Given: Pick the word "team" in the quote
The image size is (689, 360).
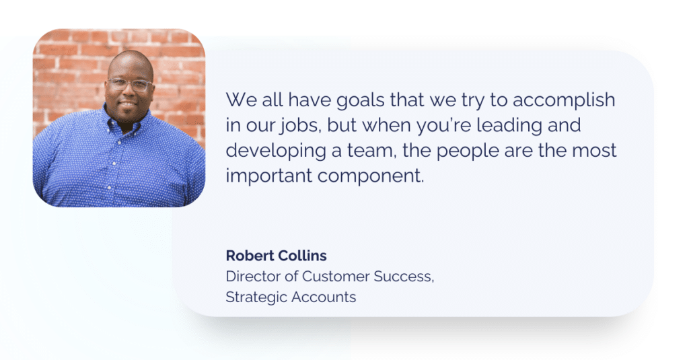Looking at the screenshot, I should click(x=371, y=151).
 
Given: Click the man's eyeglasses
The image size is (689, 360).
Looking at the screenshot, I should click(x=129, y=85).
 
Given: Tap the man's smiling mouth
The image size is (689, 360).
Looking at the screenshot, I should click(x=130, y=106).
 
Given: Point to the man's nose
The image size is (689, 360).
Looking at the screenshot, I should click(x=129, y=94).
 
